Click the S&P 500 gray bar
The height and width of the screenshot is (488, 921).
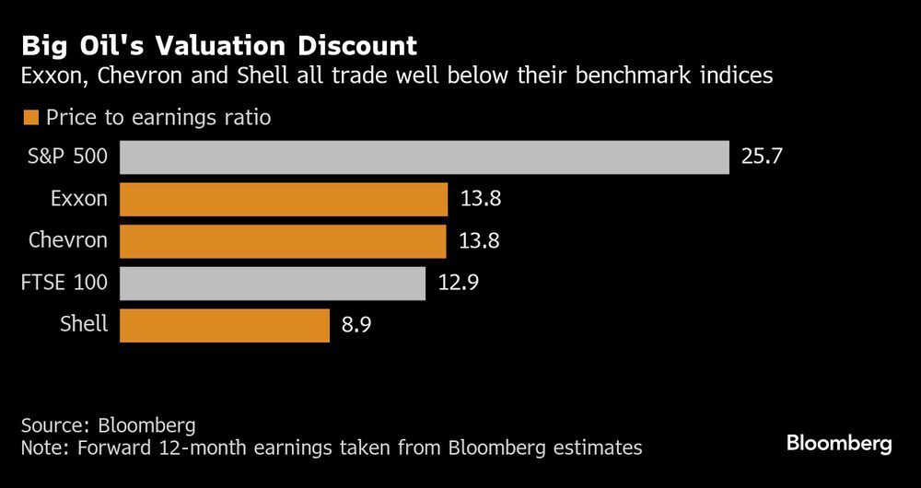pos(424,157)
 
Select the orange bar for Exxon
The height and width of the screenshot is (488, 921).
pos(283,199)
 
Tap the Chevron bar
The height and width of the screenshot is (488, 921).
pos(283,241)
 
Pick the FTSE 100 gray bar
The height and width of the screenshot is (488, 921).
pos(272,283)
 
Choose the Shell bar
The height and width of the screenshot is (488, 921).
pos(224,325)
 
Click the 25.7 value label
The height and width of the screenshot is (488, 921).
pos(762,157)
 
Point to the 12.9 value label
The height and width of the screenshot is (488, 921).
pos(458,283)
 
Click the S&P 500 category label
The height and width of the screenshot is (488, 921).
pos(67,157)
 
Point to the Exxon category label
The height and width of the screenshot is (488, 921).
pos(80,199)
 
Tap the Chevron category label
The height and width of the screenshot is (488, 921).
pos(67,241)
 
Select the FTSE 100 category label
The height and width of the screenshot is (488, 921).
pos(64,283)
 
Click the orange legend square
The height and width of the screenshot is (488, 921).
pos(31,117)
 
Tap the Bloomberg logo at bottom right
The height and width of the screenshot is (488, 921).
pos(839,444)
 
